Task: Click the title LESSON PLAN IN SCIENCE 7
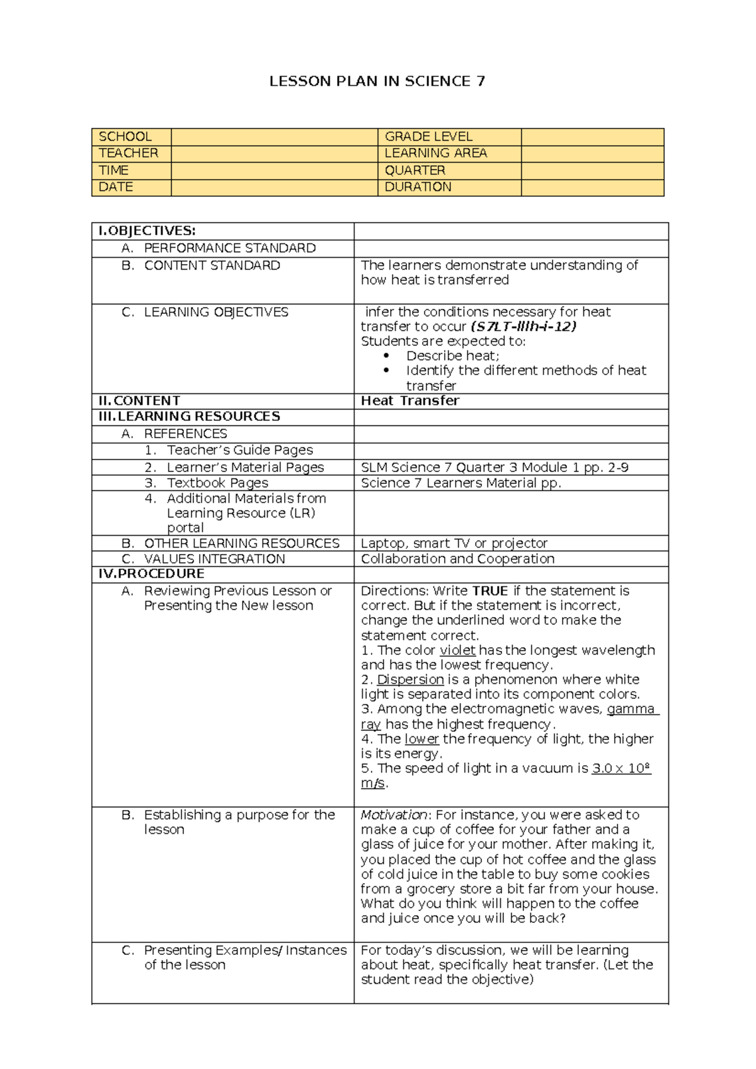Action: click(x=377, y=81)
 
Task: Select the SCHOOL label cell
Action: click(x=125, y=137)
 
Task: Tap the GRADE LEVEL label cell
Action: click(x=428, y=137)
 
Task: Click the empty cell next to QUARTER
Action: click(x=592, y=171)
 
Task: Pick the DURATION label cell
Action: click(x=418, y=187)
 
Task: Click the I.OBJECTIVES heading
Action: click(x=147, y=231)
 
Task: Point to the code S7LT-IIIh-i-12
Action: click(x=524, y=326)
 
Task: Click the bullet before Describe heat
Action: click(x=387, y=355)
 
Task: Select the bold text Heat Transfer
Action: click(x=410, y=401)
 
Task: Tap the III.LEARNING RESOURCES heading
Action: click(x=189, y=417)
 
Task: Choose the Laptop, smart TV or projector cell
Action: click(x=454, y=543)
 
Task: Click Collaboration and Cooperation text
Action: click(x=457, y=559)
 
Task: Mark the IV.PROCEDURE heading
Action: click(x=151, y=574)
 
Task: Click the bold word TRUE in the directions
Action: click(x=490, y=591)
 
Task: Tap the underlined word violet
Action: click(x=457, y=650)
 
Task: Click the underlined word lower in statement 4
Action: click(x=421, y=739)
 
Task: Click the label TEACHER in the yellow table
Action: click(x=129, y=153)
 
